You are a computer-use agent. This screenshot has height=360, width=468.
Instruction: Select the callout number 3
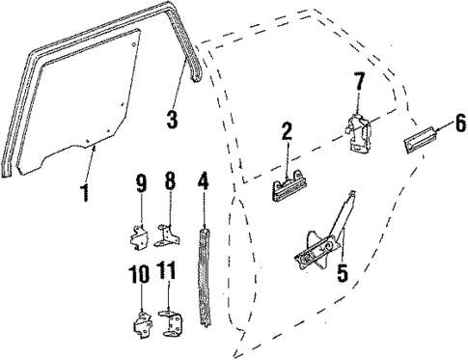(171, 120)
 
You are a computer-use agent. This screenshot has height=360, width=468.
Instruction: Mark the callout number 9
(141, 182)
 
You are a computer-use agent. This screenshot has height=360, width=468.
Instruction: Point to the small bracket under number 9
(139, 233)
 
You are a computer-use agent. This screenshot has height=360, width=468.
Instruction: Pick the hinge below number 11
(172, 320)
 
